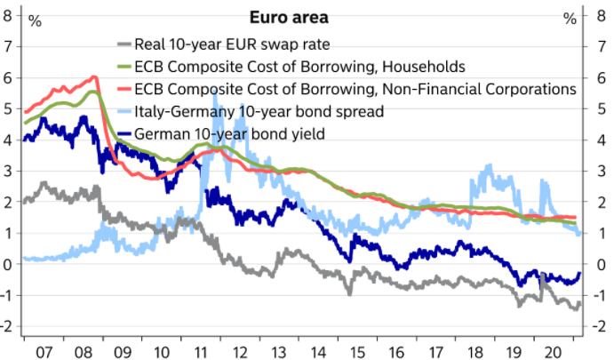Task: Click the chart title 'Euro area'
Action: click(289, 18)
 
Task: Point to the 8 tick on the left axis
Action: click(8, 16)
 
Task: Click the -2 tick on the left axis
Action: click(8, 326)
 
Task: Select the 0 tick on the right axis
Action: click(601, 264)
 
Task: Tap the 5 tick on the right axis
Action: click(601, 109)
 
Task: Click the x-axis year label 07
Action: click(44, 352)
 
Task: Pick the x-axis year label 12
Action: click(240, 352)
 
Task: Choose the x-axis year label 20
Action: click(554, 352)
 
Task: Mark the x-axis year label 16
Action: click(396, 352)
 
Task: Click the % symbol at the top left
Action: click(35, 20)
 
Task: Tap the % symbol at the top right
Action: click(570, 19)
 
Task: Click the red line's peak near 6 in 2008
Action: click(94, 77)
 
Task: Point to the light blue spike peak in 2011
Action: click(214, 91)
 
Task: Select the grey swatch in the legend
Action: click(124, 44)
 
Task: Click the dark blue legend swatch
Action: click(124, 134)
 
